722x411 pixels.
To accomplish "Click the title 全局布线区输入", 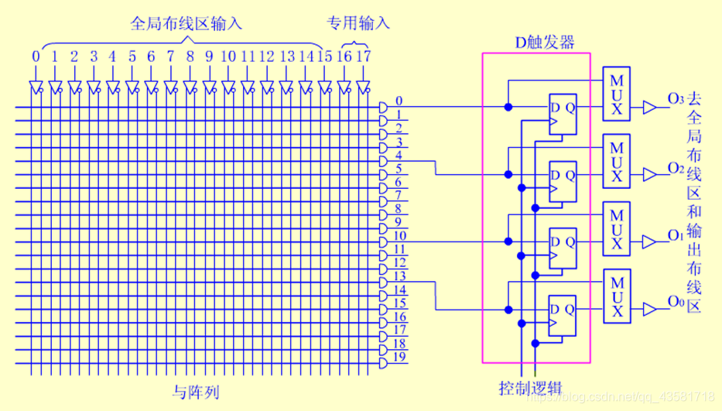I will coord(186,23).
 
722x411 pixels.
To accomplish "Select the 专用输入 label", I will coord(357,23).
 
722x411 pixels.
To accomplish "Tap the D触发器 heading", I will coord(545,42).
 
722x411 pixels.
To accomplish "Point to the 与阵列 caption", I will coord(195,392).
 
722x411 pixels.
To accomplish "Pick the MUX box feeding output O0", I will coord(617,296).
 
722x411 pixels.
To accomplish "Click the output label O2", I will coord(675,168).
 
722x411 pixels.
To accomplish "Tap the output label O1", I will coord(675,235).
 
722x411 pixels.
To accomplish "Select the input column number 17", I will coord(364,57).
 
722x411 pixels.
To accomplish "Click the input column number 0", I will coord(36,57).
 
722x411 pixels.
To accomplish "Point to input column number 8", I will coord(190,57).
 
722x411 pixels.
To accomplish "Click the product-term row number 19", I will coord(399,357).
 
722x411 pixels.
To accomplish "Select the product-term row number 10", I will coord(399,235).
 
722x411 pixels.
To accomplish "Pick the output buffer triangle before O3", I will coord(649,108).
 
